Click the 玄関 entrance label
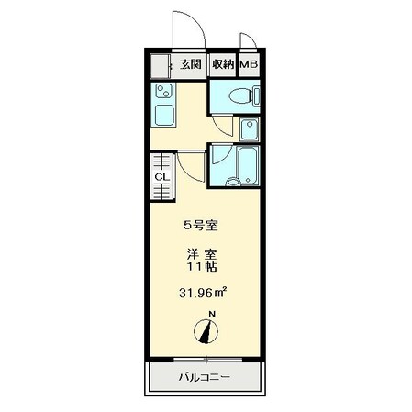pyautogui.click(x=191, y=64)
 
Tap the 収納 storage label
pyautogui.click(x=223, y=64)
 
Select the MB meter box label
pyautogui.click(x=249, y=65)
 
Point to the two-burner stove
pyautogui.click(x=163, y=91)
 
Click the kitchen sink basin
pyautogui.click(x=164, y=116)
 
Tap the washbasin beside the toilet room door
pyautogui.click(x=250, y=129)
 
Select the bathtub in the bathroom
pyautogui.click(x=248, y=166)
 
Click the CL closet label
pyautogui.click(x=161, y=177)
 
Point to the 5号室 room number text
pyautogui.click(x=200, y=226)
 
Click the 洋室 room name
pyautogui.click(x=202, y=254)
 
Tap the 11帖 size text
pyautogui.click(x=202, y=267)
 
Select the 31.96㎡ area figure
pyautogui.click(x=203, y=293)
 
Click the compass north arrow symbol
pyautogui.click(x=206, y=331)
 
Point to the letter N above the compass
pyautogui.click(x=212, y=315)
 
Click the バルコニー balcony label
pyautogui.click(x=204, y=377)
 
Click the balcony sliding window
pyautogui.click(x=207, y=360)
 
